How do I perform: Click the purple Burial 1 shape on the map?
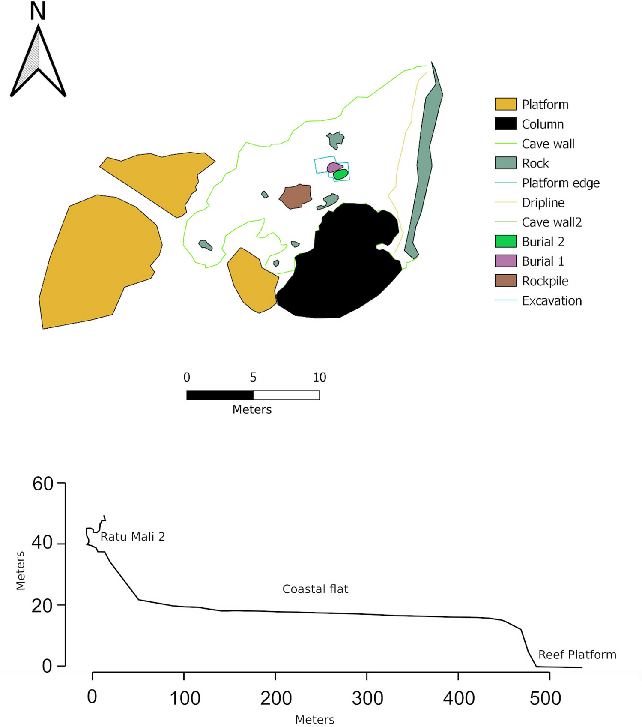[x=333, y=167]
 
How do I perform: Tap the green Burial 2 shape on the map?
[x=341, y=174]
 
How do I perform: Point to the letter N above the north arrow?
[x=38, y=12]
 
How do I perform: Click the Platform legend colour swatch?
[x=505, y=104]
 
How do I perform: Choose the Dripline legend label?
[x=543, y=203]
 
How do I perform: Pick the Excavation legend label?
[x=552, y=301]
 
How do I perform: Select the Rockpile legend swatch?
[x=505, y=281]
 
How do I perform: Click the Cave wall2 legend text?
[x=552, y=222]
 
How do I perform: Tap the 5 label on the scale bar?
[x=253, y=377]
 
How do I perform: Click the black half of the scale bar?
[x=220, y=395]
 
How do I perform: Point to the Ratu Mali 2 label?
[x=133, y=537]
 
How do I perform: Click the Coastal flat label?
[x=315, y=589]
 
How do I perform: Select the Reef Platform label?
[x=577, y=655]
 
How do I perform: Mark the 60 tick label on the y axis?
[x=43, y=484]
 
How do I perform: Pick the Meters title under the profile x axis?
[x=315, y=720]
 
